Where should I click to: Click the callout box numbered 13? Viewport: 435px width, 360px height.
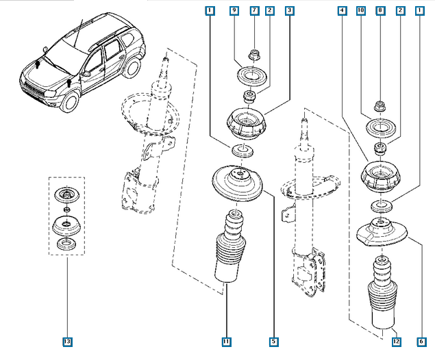point(66,341)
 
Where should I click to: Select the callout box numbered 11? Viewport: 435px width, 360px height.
point(225,341)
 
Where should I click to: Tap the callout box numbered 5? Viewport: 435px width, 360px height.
point(273,341)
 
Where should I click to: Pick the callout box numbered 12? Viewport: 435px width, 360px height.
point(395,341)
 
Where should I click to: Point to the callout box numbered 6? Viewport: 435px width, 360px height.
point(421,341)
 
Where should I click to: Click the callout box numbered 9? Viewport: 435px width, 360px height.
point(234,11)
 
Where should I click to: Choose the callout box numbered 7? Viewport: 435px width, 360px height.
point(254,11)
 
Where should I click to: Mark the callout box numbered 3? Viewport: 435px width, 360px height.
point(290,11)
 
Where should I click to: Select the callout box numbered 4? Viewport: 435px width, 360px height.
point(341,11)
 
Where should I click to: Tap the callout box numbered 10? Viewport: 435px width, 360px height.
point(361,11)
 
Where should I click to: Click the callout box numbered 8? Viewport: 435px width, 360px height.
point(380,11)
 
